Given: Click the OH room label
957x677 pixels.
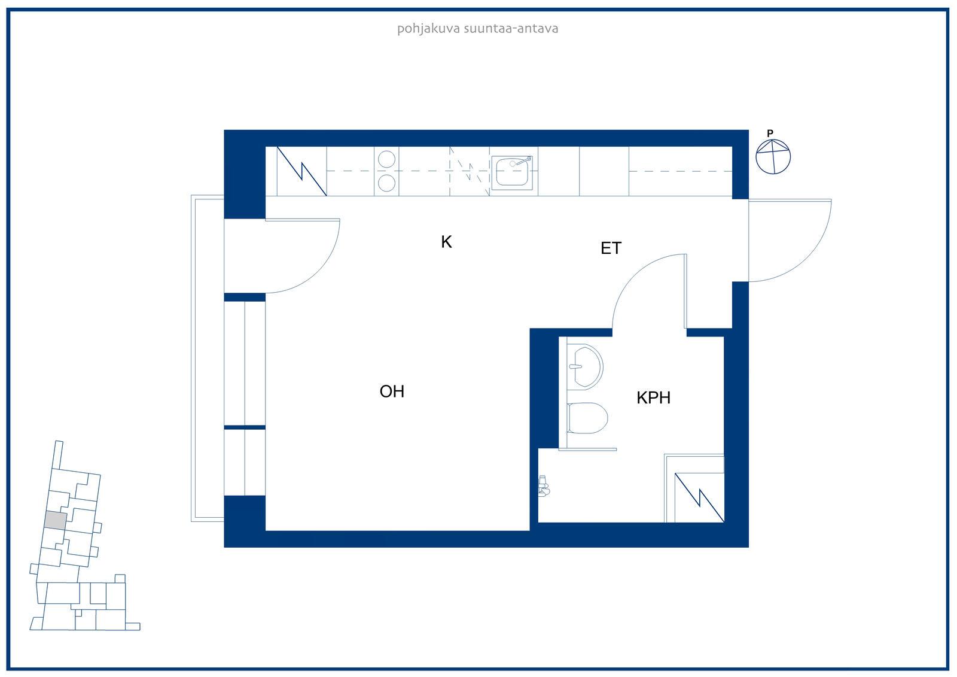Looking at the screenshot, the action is (x=392, y=391).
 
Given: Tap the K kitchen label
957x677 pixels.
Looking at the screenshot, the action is (x=446, y=242).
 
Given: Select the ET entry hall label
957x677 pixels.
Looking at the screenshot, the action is (x=611, y=248).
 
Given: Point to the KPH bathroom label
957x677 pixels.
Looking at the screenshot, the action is (x=653, y=397).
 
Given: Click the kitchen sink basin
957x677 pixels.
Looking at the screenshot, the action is (x=512, y=172).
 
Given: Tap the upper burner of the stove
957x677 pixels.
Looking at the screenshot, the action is (x=386, y=159).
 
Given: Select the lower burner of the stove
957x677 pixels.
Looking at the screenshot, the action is (x=386, y=183).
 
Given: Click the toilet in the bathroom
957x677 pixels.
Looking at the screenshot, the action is (x=587, y=418).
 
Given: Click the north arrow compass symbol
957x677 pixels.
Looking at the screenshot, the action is (x=773, y=156).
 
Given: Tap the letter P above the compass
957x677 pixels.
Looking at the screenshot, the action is (x=770, y=133).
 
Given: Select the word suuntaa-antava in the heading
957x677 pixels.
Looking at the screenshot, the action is (x=511, y=29).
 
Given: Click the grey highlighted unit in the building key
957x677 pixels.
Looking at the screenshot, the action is (x=55, y=520).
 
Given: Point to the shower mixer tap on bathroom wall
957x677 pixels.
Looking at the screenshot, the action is (x=543, y=486).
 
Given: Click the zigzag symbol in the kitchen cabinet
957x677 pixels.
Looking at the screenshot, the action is (x=301, y=171).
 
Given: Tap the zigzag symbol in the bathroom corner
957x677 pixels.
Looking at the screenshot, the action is (x=699, y=497).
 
